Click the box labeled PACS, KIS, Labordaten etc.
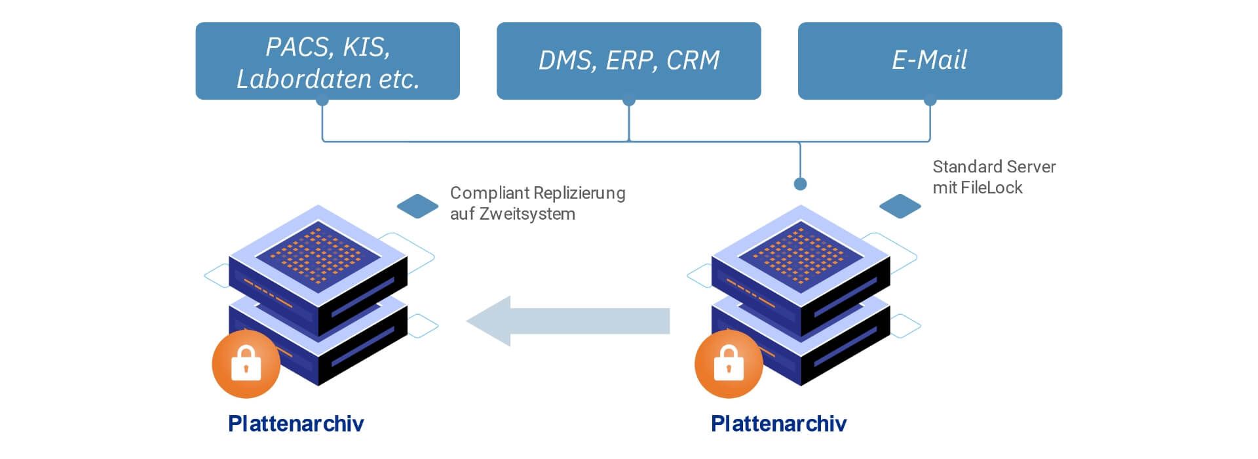328,61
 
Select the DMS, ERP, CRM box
628,61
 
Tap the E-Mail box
929,61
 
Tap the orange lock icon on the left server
246,364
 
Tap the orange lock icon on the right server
729,364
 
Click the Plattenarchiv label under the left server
295,424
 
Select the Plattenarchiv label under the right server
778,424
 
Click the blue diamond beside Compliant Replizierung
417,206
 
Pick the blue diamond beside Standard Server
900,206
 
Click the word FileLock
991,188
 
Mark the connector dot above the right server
800,184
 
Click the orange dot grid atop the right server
800,254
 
